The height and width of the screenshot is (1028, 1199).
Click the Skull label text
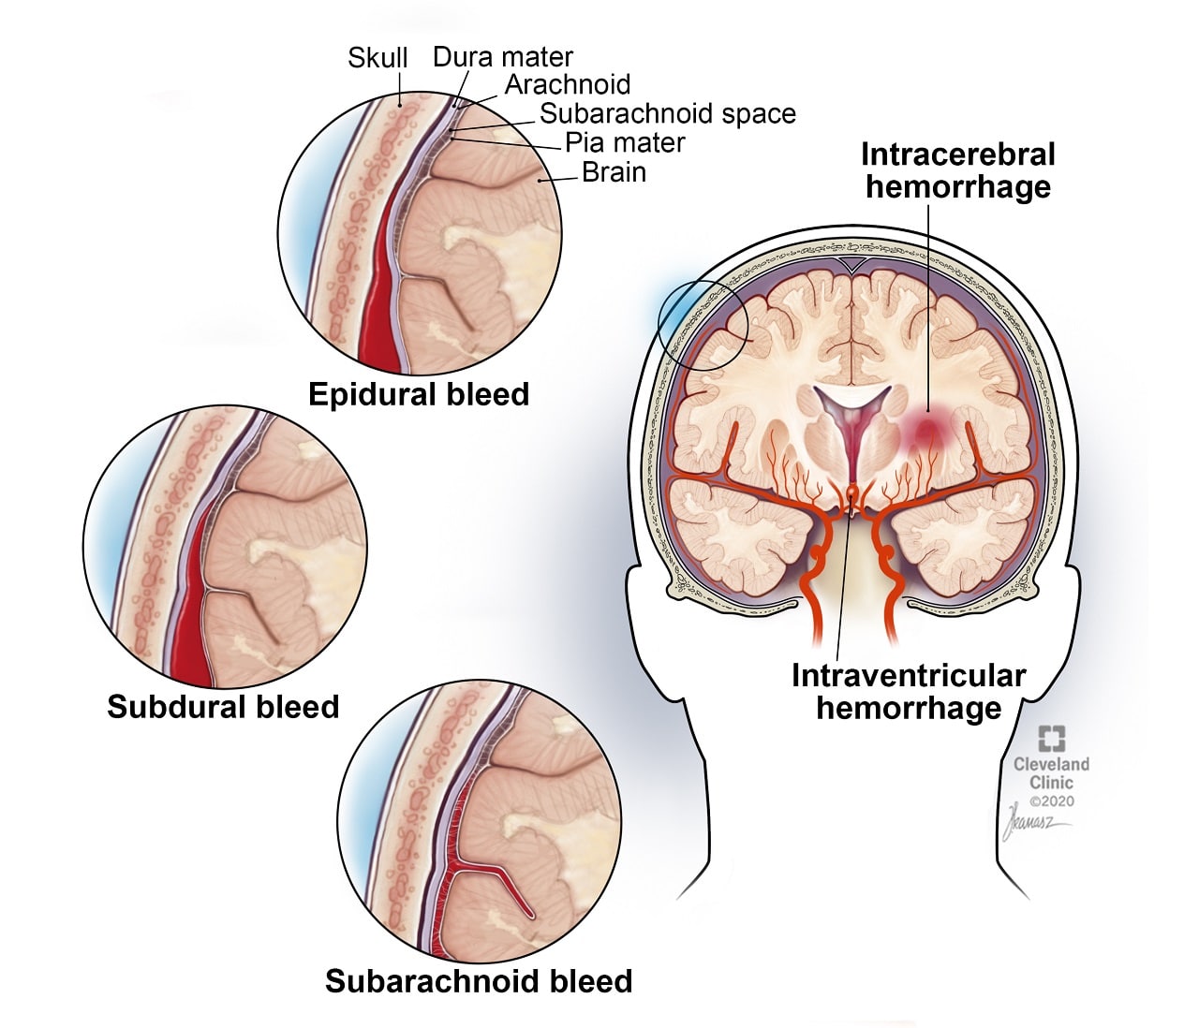[x=377, y=58]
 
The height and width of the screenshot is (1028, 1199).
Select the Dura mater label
[x=502, y=56]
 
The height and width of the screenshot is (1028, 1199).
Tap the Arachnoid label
[x=568, y=84]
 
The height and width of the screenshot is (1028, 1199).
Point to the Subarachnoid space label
[x=667, y=113]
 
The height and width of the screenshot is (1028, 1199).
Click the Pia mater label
[x=625, y=142]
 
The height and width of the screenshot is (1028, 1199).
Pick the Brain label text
[x=614, y=172]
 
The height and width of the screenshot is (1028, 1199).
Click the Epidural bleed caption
[x=419, y=394]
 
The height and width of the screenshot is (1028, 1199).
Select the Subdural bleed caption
[x=223, y=706]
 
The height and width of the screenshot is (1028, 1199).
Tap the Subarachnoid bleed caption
[x=479, y=981]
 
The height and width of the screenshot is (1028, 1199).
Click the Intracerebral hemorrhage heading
[x=957, y=170]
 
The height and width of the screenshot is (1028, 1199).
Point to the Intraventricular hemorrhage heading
[x=909, y=691]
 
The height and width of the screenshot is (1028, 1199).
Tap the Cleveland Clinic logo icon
[x=1051, y=739]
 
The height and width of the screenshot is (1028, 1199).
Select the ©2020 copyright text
[x=1052, y=801]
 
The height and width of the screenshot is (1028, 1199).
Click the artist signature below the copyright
[x=1033, y=824]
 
